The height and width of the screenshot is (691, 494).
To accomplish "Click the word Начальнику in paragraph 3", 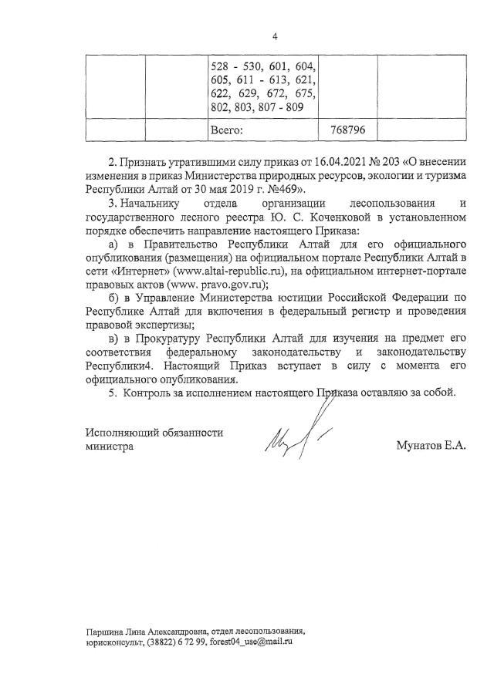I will (151, 204).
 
